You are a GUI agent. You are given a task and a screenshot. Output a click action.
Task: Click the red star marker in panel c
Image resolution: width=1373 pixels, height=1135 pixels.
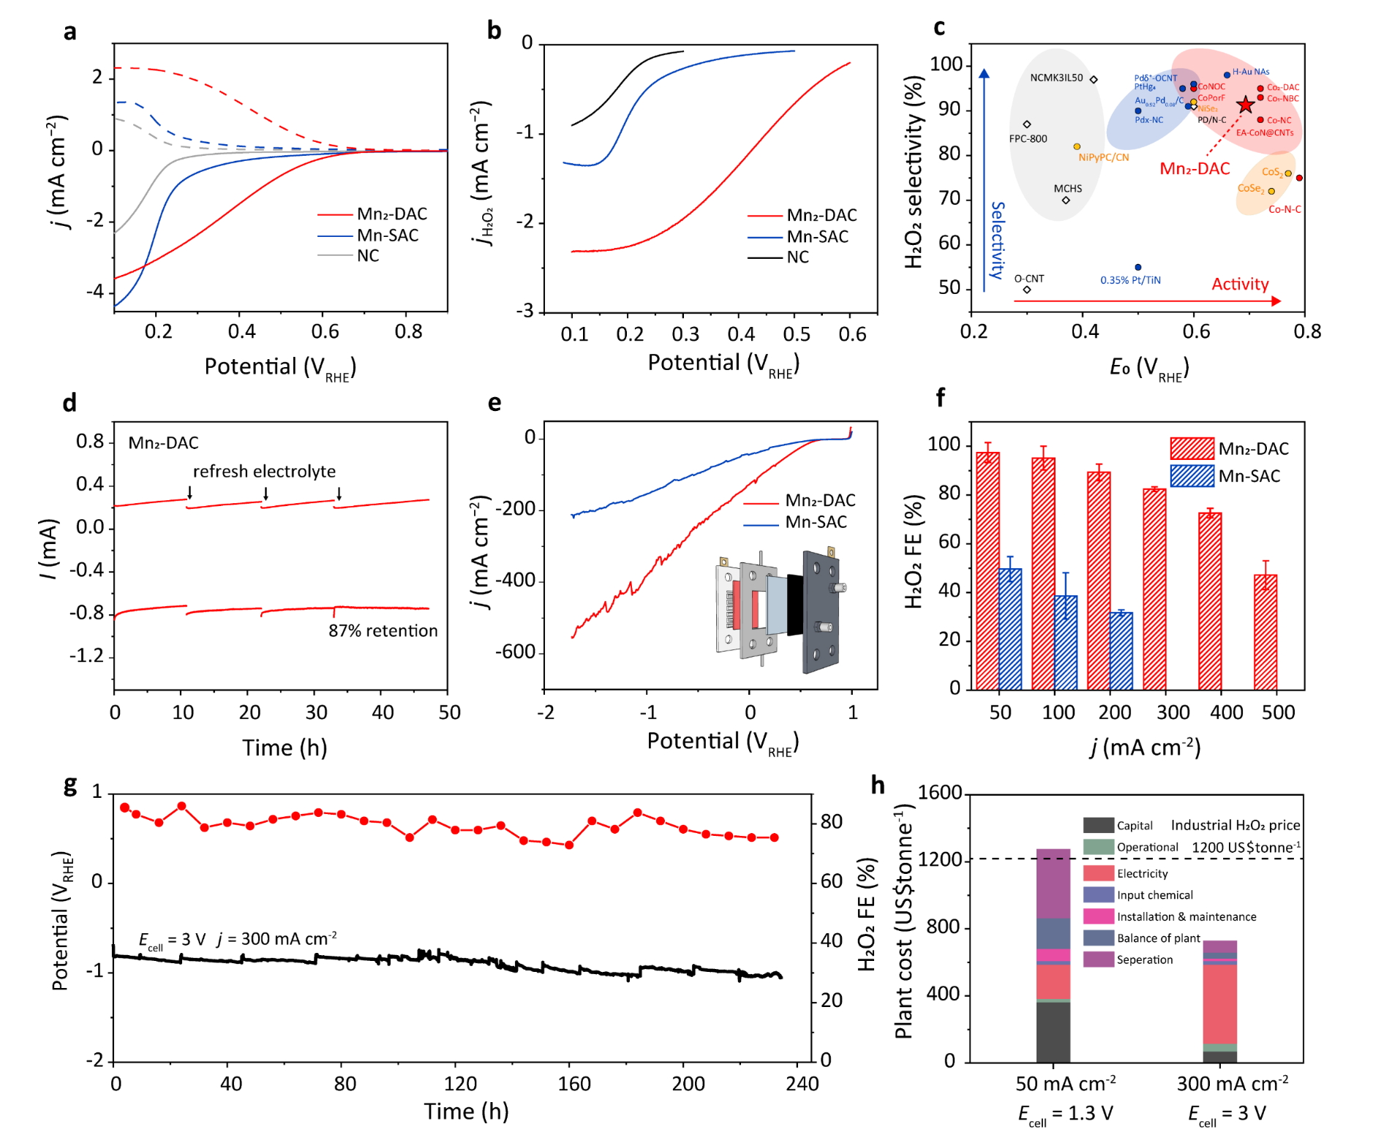[x=1245, y=105]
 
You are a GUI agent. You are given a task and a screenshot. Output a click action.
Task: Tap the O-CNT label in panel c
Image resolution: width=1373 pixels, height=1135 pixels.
[x=1028, y=279]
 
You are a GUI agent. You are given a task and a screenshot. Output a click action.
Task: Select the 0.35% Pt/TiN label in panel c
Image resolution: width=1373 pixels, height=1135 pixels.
[x=1130, y=280]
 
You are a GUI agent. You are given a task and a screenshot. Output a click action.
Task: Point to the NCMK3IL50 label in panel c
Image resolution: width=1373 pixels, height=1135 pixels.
[x=1056, y=78]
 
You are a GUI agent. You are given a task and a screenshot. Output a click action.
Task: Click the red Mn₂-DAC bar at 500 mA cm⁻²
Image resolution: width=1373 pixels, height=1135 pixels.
[x=1265, y=632]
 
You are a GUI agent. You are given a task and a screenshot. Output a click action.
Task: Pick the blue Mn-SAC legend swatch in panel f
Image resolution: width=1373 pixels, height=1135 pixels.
[x=1192, y=476]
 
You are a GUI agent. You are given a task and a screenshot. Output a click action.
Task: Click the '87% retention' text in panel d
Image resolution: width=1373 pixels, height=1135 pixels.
[x=383, y=630]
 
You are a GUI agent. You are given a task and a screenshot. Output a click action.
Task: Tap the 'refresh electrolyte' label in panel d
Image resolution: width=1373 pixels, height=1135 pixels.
[x=264, y=472]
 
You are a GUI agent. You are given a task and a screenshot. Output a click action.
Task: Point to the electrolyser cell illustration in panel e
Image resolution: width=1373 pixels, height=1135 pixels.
[x=778, y=611]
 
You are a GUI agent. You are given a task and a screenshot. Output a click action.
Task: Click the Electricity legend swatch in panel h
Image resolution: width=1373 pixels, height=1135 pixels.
[x=1098, y=873]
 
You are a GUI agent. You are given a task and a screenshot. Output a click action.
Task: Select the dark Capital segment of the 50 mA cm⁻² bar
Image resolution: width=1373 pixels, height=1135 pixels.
[x=1053, y=1031]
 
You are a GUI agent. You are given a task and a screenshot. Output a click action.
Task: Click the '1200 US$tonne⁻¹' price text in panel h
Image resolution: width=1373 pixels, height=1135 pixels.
[x=1246, y=848]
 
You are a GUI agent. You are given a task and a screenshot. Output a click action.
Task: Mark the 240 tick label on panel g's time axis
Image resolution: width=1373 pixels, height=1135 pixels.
[x=802, y=1084]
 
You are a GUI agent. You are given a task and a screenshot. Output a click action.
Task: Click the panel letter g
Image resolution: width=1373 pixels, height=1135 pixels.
[x=70, y=785]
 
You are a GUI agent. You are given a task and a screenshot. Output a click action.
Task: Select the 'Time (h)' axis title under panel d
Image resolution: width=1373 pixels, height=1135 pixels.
[x=284, y=747]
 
